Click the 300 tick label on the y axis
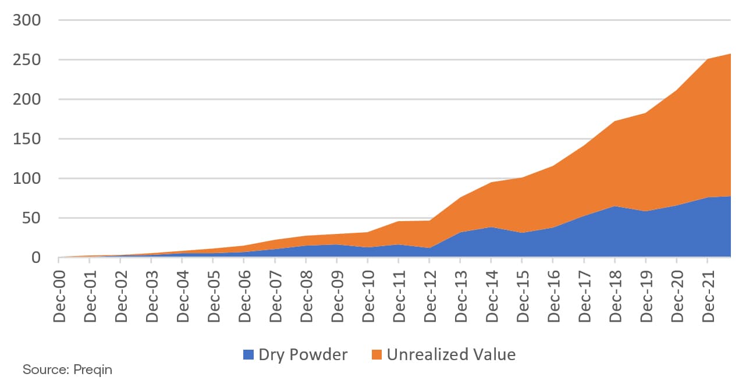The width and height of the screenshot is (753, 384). (28, 20)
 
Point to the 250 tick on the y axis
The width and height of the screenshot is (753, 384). (28, 60)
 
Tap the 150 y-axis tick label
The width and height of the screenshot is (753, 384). (28, 139)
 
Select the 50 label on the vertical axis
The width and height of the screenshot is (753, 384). (33, 218)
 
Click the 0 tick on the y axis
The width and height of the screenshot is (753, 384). (37, 258)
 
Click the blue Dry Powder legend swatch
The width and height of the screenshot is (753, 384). (248, 355)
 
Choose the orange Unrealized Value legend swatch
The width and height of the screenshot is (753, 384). (376, 355)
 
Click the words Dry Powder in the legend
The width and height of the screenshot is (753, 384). (303, 355)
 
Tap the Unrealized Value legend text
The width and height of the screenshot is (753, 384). (451, 355)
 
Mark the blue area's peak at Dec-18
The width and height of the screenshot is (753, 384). (615, 207)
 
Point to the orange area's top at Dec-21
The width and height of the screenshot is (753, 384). (707, 59)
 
